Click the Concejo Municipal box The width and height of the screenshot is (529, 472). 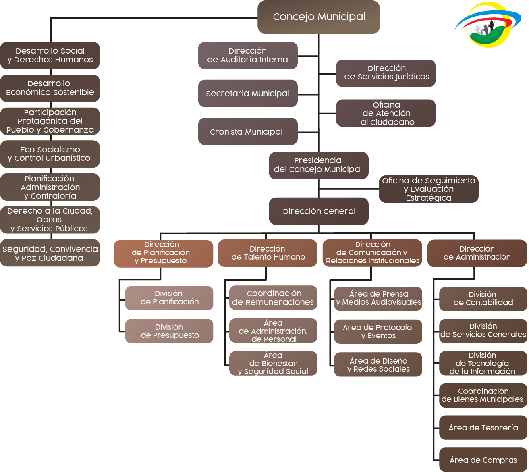click(319, 17)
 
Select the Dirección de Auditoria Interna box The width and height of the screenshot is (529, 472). click(248, 55)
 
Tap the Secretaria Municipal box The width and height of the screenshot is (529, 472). click(248, 94)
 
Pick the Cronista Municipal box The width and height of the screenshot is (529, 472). click(248, 131)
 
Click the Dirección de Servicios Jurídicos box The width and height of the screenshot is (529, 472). click(386, 73)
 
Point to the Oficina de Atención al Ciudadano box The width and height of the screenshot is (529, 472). click(386, 113)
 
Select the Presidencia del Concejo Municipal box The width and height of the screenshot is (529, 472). click(318, 165)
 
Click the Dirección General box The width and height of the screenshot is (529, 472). click(319, 211)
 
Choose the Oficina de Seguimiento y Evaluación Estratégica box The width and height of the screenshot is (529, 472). click(429, 189)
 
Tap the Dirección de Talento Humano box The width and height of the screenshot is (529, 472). click(268, 253)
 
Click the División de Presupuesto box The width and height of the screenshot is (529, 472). click(169, 331)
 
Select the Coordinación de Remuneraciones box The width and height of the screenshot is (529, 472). click(273, 298)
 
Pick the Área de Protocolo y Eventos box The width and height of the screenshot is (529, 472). click(378, 331)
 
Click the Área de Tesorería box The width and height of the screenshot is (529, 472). click(483, 427)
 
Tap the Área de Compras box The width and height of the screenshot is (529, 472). click(483, 460)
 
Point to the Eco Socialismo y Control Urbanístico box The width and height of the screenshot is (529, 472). click(50, 154)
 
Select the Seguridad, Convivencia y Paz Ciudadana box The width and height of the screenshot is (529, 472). click(50, 253)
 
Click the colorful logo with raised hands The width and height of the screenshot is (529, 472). click(488, 25)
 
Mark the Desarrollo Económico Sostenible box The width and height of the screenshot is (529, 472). click(50, 88)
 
